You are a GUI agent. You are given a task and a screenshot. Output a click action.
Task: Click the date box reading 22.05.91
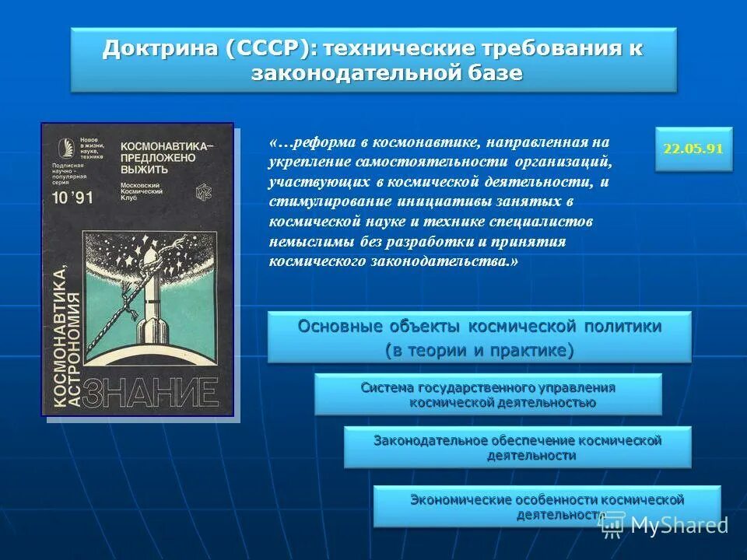(x=693, y=149)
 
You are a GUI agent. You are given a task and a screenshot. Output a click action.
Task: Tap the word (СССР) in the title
(x=272, y=49)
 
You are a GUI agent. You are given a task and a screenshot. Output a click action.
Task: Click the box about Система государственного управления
(x=488, y=394)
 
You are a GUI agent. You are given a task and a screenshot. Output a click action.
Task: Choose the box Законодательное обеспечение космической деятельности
(x=517, y=447)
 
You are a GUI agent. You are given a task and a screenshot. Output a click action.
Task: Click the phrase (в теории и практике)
(x=479, y=351)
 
